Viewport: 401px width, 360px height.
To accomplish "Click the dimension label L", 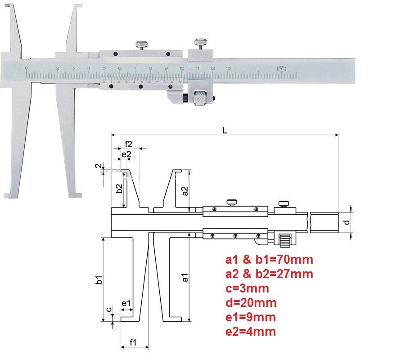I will click(x=224, y=129).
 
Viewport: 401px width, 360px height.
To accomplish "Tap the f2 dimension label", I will click(x=129, y=144).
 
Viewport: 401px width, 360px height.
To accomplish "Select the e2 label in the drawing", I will click(x=126, y=154).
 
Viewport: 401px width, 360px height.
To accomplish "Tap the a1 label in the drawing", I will click(x=185, y=279).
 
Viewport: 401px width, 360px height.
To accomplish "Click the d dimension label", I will click(x=345, y=222).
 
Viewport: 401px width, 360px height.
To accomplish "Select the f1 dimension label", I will click(x=134, y=343).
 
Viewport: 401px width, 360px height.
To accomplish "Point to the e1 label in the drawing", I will click(x=126, y=304).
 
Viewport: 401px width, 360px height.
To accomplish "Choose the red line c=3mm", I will click(x=247, y=288).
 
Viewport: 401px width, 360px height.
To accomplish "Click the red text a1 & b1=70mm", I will click(x=269, y=259).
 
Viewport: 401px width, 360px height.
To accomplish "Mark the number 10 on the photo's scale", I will click(x=181, y=68).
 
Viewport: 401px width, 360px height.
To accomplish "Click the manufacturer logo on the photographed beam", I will click(x=279, y=69).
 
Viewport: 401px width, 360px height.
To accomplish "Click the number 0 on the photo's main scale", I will click(x=27, y=68).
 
